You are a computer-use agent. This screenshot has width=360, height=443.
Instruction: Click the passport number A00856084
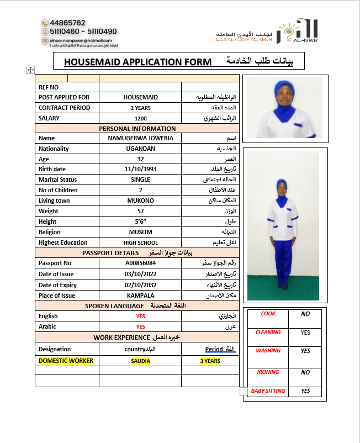[140, 263]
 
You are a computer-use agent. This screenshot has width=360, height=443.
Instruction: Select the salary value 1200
[140, 118]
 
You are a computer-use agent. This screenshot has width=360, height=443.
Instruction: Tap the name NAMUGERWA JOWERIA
[140, 138]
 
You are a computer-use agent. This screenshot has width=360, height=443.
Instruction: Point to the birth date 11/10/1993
[140, 169]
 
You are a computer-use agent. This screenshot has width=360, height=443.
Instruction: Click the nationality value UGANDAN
[140, 149]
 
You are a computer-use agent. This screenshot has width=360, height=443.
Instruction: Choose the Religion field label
[50, 232]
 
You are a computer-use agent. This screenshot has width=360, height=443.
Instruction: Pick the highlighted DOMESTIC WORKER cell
[66, 361]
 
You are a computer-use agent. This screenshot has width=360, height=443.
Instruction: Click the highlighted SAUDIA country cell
[140, 361]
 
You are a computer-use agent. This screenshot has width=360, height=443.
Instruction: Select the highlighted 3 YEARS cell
[210, 361]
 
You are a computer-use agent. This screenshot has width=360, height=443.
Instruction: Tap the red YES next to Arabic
[140, 326]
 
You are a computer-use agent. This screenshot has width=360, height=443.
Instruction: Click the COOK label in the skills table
[268, 314]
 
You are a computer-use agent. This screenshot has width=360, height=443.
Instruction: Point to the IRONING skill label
[268, 372]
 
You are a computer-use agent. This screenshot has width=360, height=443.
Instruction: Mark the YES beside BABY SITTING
[305, 391]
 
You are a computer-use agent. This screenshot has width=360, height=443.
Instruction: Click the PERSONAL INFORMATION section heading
[137, 129]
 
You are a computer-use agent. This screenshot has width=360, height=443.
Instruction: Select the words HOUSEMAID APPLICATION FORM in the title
[137, 62]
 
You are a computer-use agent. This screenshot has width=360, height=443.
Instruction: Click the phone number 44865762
[67, 23]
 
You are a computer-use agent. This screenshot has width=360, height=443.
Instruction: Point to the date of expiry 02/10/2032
[140, 285]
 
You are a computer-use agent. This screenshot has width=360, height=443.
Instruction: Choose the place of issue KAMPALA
[140, 296]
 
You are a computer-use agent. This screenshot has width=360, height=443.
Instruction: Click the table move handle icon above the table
[30, 70]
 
